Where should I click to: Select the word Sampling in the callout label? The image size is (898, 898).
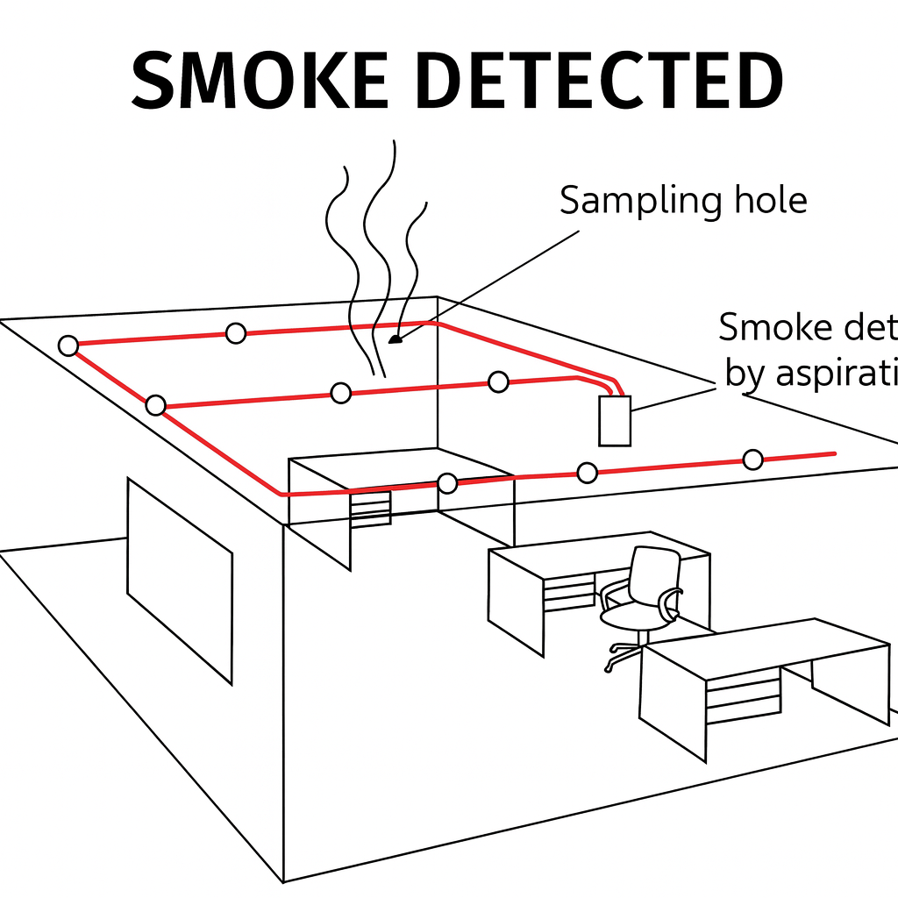[x=630, y=201]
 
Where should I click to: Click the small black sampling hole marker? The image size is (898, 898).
[x=395, y=339]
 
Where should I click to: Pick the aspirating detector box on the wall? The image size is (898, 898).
[x=614, y=421]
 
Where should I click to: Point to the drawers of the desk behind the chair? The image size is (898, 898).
[x=569, y=592]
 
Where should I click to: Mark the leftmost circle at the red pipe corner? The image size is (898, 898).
[x=68, y=346]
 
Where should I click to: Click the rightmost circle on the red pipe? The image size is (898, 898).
[x=752, y=459]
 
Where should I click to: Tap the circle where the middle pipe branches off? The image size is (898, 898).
[x=156, y=405]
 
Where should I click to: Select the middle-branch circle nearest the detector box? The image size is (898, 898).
[x=498, y=381]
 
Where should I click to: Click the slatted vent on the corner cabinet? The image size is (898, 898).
[x=370, y=509]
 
